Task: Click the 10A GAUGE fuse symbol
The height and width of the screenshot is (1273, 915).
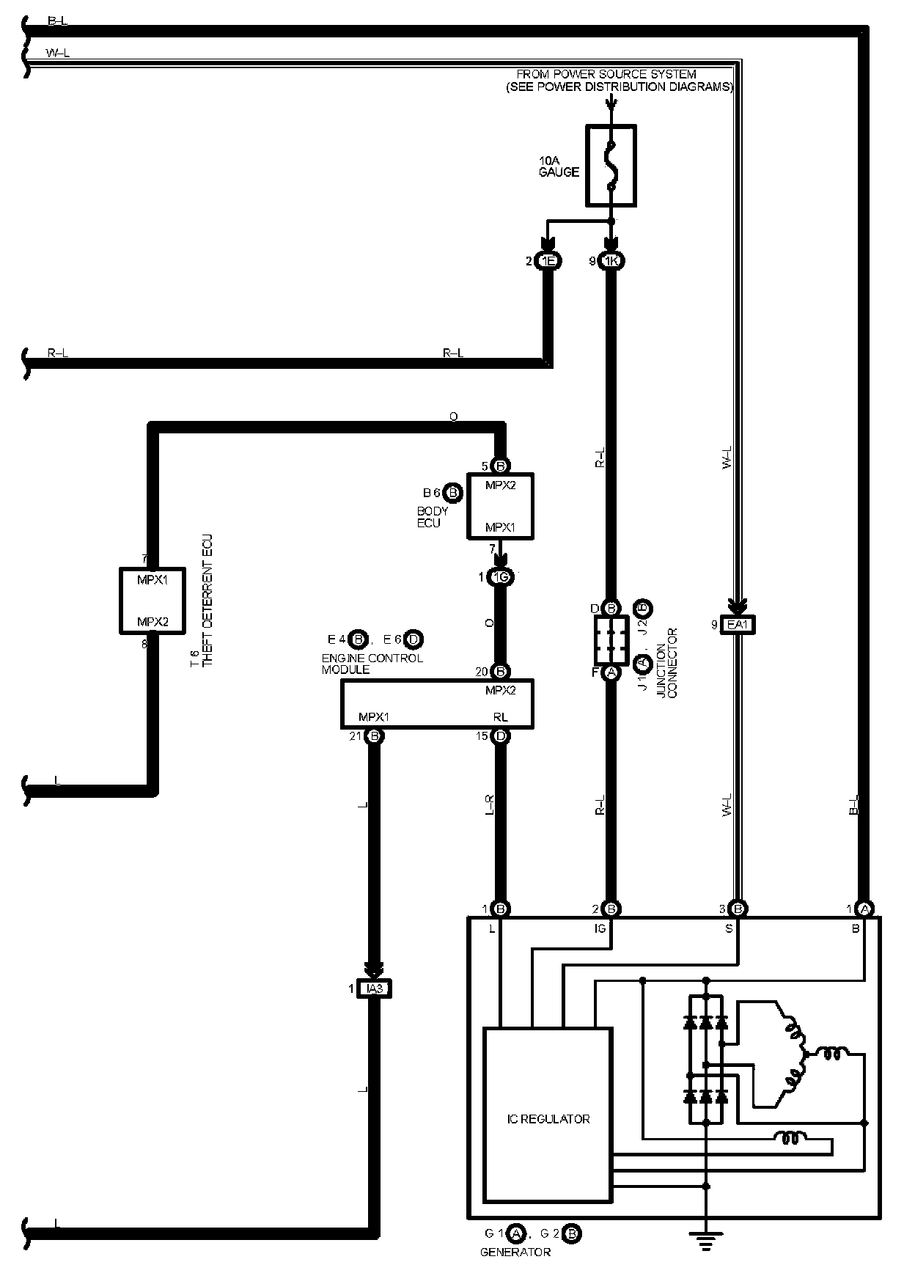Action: pyautogui.click(x=611, y=165)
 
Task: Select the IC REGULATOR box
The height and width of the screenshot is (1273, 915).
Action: pyautogui.click(x=547, y=1119)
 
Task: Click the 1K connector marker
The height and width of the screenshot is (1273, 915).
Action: pyautogui.click(x=611, y=261)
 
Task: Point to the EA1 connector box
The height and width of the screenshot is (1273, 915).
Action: pyautogui.click(x=738, y=625)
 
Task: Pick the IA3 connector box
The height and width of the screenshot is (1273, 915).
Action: pyautogui.click(x=374, y=989)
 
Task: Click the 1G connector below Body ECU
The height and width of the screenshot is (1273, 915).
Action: pyautogui.click(x=501, y=577)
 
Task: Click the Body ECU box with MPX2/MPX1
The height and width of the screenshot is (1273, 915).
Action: pyautogui.click(x=501, y=506)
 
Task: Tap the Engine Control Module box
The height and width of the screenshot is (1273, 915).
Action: pyautogui.click(x=437, y=703)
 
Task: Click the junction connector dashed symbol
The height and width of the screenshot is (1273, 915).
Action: pyautogui.click(x=611, y=640)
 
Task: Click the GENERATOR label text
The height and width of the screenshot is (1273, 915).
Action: pyautogui.click(x=515, y=1252)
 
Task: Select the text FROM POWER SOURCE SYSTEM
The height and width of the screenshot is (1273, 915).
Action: pyautogui.click(x=606, y=74)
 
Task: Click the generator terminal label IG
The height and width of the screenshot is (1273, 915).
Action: pyautogui.click(x=600, y=928)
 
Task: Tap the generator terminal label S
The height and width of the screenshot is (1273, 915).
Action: pyautogui.click(x=729, y=928)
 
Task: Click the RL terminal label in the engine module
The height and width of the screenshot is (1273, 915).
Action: pyautogui.click(x=500, y=717)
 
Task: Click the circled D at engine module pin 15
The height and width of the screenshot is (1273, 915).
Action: pyautogui.click(x=501, y=736)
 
